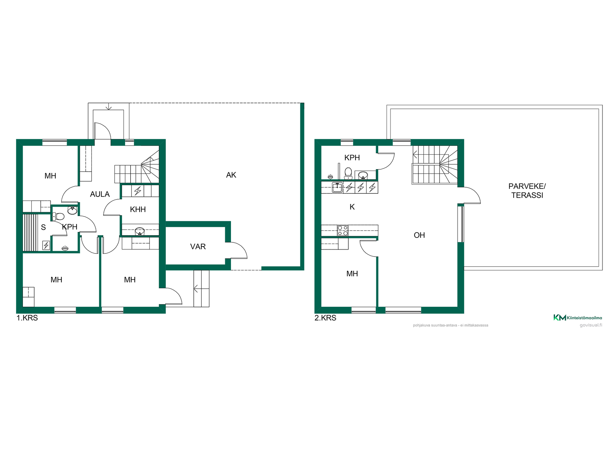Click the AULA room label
coord(100,194)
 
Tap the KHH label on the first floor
coord(138,210)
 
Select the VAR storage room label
coord(198,247)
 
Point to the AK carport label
coord(231,175)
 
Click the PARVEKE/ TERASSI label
coord(527,191)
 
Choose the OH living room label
coord(419,235)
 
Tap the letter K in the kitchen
coord(352,207)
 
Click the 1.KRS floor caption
coord(27,318)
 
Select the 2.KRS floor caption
coord(325,318)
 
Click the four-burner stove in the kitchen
coord(343,231)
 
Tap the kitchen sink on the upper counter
coord(337,187)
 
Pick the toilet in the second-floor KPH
coord(348,174)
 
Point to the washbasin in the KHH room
coord(140,231)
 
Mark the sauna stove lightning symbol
coord(46,245)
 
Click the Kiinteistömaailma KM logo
coord(560,318)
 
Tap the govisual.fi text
coord(591,325)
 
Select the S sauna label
coord(43,227)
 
